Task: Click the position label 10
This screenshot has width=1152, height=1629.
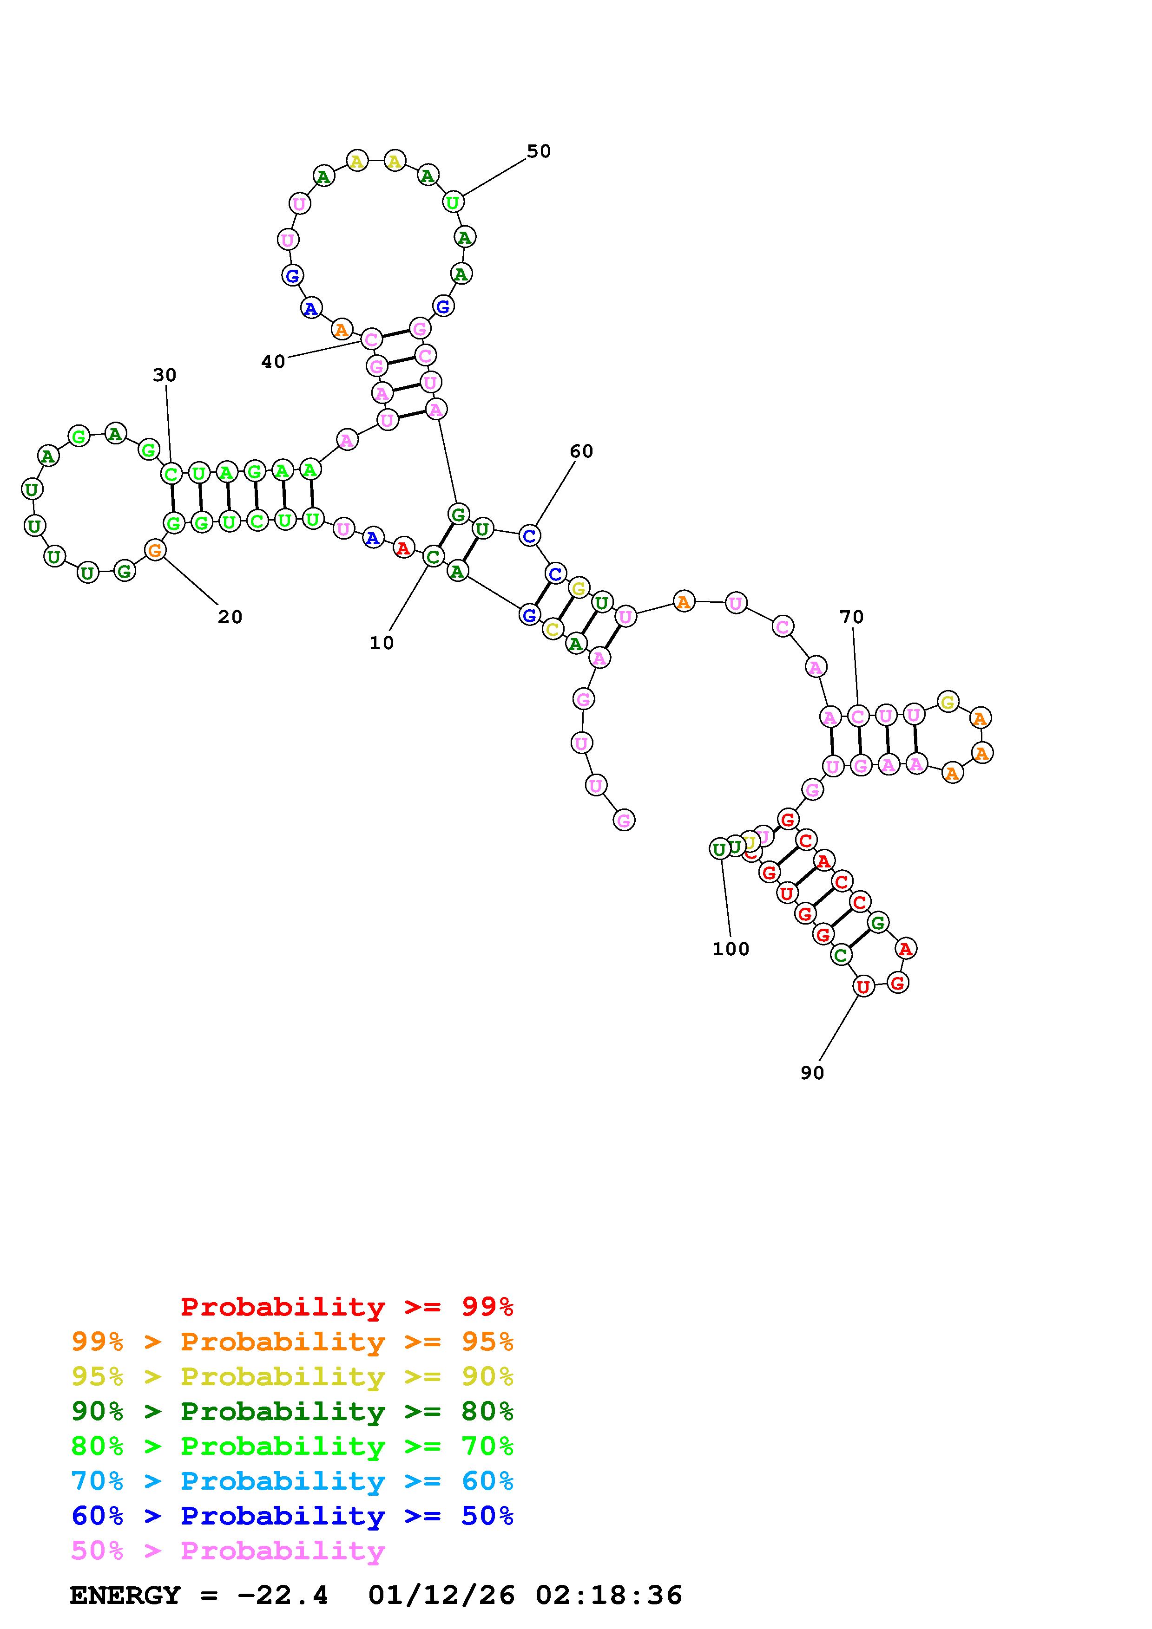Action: click(x=381, y=643)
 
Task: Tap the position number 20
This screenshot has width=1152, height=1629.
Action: click(x=230, y=617)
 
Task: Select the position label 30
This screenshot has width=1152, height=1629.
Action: click(x=165, y=375)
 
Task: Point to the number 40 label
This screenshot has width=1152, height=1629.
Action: click(x=273, y=362)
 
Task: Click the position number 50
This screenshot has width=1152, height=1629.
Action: click(x=539, y=151)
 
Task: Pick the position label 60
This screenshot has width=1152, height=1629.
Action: click(x=581, y=451)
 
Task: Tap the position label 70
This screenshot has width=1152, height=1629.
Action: click(x=852, y=617)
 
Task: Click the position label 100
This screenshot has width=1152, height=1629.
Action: click(x=731, y=949)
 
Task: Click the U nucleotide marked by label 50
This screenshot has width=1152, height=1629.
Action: click(x=453, y=202)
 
